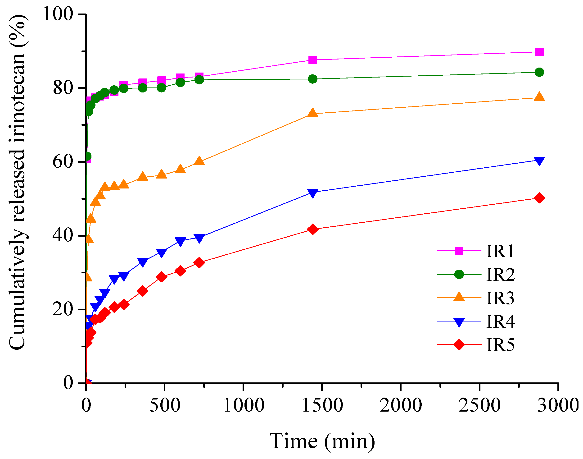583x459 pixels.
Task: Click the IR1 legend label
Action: pos(500,252)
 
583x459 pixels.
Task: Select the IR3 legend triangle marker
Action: pos(459,297)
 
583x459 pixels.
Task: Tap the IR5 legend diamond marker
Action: pos(459,344)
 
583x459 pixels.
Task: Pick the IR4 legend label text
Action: pos(500,321)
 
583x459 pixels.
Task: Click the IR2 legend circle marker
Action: pos(459,274)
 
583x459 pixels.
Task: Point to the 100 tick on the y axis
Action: pos(58,14)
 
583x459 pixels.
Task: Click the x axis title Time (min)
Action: pos(322,441)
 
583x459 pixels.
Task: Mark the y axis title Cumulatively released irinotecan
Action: pos(18,183)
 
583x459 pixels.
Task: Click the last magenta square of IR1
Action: pos(539,52)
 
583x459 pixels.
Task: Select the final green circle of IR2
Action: pos(539,72)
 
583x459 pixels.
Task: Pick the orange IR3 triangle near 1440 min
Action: pos(312,113)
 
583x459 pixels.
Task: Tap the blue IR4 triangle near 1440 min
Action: pos(312,193)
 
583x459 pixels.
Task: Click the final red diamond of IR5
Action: pos(539,198)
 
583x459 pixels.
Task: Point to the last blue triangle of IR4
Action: pos(539,161)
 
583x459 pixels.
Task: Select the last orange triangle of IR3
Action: pos(539,97)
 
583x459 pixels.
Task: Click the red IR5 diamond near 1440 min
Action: pos(312,229)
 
